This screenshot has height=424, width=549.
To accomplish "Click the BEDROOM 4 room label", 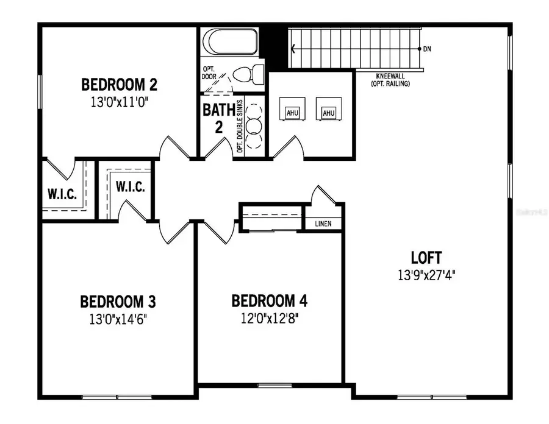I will [269, 301].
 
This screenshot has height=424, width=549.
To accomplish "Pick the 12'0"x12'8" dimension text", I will [269, 318].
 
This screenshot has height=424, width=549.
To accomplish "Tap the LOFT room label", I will [426, 257].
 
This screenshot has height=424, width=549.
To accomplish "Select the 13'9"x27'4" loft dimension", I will [426, 275].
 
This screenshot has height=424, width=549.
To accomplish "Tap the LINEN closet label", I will [323, 224].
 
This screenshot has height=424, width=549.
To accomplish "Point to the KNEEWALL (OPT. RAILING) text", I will [390, 80].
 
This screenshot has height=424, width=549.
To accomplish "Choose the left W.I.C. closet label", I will [62, 195].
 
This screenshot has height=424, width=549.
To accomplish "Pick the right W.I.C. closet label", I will [130, 187].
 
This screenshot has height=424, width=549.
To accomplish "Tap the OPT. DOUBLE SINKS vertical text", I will [240, 126].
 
